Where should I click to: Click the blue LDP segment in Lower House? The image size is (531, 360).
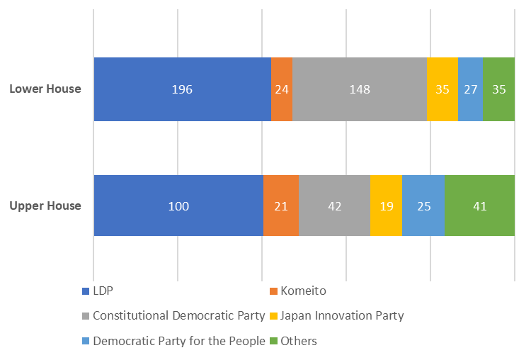point(182,90)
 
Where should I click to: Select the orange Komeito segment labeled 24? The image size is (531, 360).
point(282,90)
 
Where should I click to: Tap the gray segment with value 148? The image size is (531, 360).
point(360,90)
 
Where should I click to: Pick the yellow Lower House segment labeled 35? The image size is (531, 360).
point(442,90)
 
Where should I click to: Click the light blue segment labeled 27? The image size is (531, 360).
point(470,90)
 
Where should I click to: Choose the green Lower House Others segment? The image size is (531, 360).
point(498,90)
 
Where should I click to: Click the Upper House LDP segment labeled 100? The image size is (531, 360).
point(178,206)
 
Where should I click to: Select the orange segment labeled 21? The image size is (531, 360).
point(281,206)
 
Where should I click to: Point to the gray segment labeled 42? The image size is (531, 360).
point(334,206)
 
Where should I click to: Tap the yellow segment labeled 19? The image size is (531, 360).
point(386,206)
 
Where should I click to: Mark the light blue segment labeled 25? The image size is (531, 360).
point(423,206)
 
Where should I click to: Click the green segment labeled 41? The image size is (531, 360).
point(479,206)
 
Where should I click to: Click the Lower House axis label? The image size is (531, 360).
point(45,89)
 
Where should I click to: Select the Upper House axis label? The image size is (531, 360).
point(45,206)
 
